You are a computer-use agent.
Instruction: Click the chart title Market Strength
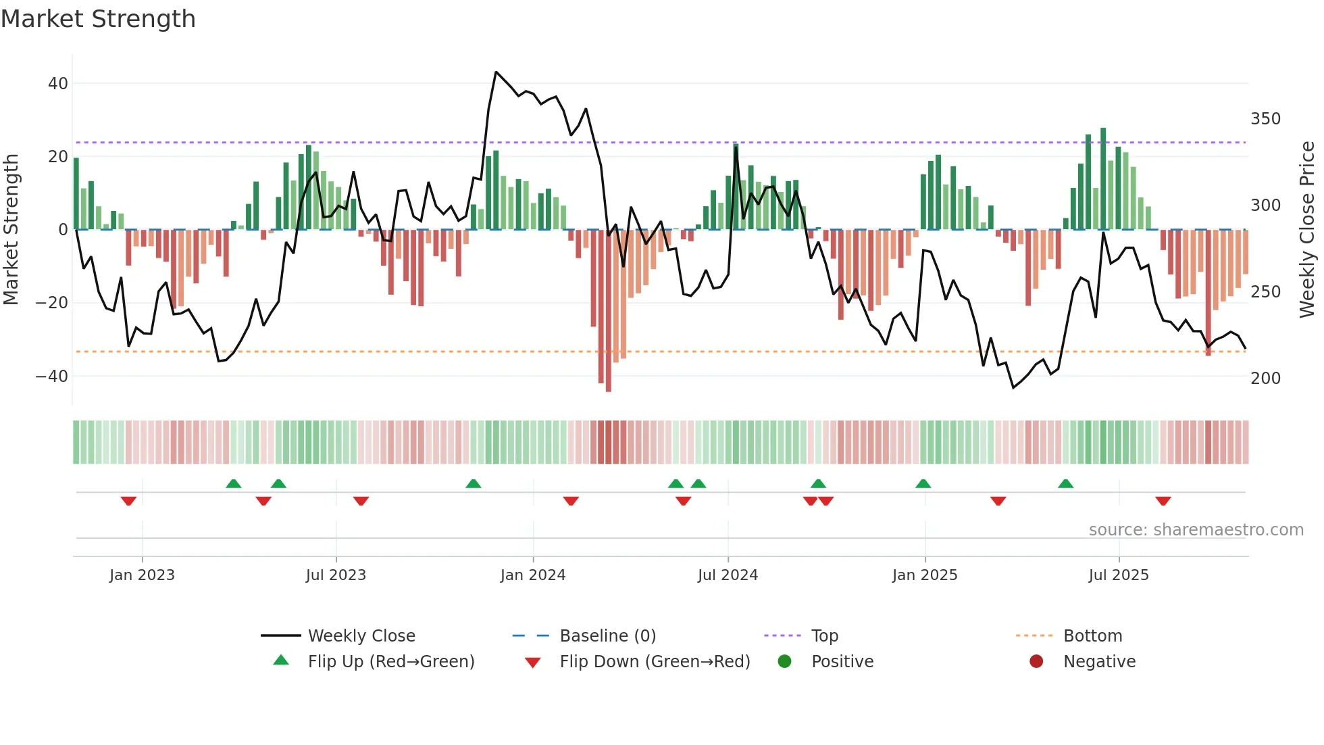[98, 19]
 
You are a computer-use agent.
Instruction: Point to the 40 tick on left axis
[57, 84]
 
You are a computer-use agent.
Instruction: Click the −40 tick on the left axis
[52, 376]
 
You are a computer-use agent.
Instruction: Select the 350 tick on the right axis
[1265, 119]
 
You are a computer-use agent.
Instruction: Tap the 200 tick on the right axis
[1265, 379]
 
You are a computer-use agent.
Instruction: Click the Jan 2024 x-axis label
[532, 575]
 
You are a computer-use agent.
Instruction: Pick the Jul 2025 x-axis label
[1118, 575]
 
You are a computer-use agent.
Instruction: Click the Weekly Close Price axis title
[1307, 230]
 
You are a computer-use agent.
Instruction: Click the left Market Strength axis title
[11, 230]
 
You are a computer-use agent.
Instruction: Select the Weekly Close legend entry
[361, 636]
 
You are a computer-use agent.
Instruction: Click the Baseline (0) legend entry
[607, 636]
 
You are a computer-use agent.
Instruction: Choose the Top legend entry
[824, 636]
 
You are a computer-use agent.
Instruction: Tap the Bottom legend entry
[1092, 636]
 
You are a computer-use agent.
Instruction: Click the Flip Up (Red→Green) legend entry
[390, 662]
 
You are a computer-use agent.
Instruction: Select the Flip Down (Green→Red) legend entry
[654, 662]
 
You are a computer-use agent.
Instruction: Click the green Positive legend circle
[784, 662]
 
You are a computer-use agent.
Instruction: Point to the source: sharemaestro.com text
[1196, 530]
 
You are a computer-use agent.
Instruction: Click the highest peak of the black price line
[496, 72]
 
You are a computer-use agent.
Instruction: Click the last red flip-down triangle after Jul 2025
[1163, 501]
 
